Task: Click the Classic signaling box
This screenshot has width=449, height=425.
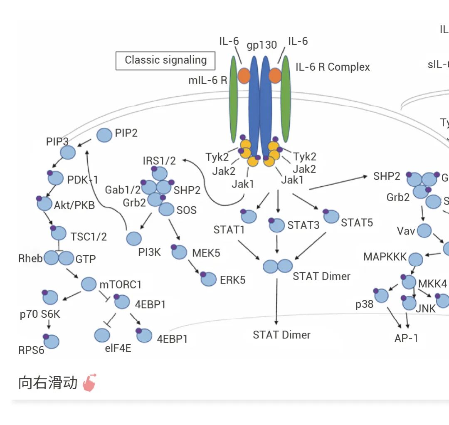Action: (165, 60)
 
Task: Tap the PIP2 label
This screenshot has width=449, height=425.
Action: (126, 133)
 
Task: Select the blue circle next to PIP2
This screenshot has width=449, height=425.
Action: (104, 135)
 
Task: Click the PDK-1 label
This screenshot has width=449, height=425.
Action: (82, 180)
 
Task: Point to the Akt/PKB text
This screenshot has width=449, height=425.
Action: (74, 205)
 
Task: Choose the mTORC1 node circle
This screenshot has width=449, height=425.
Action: (89, 284)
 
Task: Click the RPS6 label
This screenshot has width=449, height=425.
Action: (31, 350)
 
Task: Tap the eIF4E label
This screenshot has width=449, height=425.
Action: (118, 348)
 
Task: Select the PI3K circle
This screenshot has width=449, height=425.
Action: (134, 239)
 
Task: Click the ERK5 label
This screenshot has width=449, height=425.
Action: (232, 280)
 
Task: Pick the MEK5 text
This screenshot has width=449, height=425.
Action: (206, 252)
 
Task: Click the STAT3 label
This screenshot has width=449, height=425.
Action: (303, 225)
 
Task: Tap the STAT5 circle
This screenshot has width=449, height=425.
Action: (331, 216)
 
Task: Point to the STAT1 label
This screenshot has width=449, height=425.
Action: (229, 230)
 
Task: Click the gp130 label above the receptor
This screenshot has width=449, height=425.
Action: (262, 45)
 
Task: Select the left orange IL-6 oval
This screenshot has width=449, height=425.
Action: (244, 76)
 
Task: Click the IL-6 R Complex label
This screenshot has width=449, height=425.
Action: (333, 67)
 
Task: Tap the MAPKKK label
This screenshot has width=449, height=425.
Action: (385, 257)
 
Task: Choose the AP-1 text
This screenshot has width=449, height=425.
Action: (406, 338)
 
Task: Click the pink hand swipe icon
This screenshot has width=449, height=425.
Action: (89, 383)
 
